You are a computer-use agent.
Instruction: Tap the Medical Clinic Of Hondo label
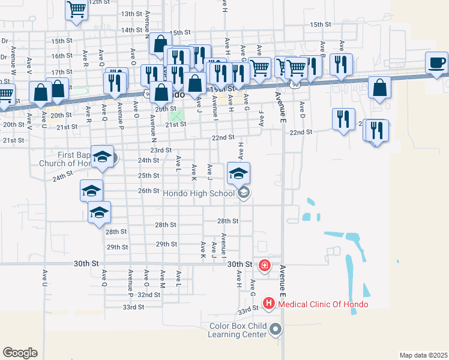(322, 304)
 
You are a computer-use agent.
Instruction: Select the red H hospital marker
(268, 304)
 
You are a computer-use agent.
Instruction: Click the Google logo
(20, 353)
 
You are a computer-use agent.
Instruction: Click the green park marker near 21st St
(176, 115)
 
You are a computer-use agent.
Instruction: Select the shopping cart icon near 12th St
(77, 10)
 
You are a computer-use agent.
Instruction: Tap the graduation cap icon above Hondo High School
(238, 173)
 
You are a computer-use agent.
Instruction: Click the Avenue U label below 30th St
(45, 277)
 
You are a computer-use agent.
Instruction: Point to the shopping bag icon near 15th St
(160, 43)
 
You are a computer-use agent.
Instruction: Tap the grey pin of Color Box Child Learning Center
(276, 329)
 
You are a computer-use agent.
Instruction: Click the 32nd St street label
(149, 295)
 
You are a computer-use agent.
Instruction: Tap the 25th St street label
(149, 176)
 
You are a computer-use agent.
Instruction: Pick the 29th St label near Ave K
(166, 244)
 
